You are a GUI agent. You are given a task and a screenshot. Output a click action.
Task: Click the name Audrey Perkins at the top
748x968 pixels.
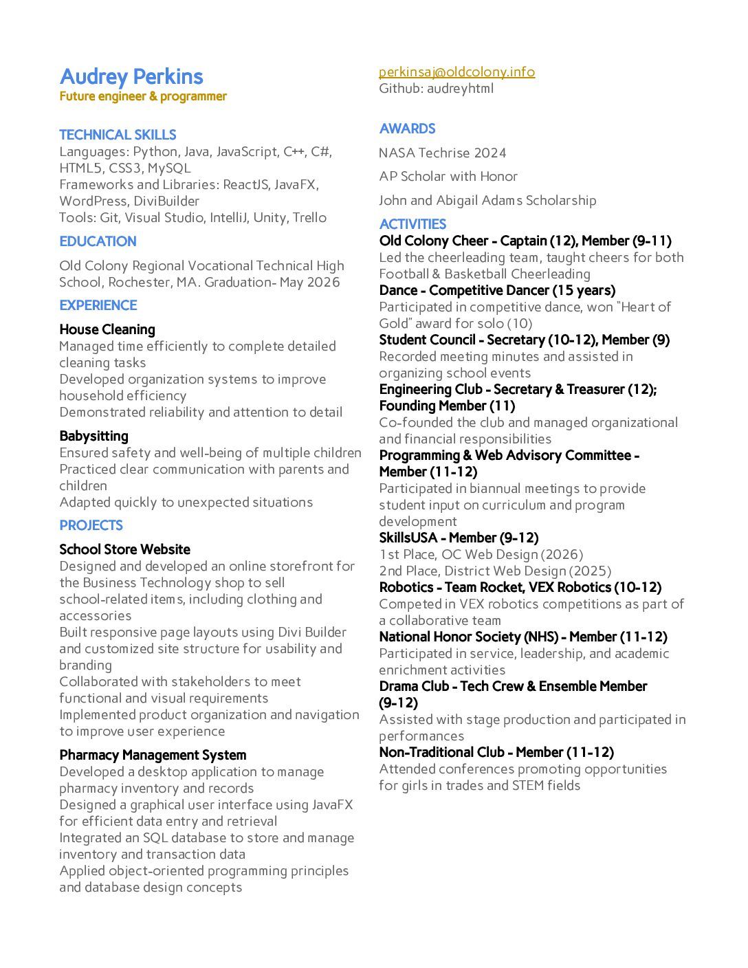(x=131, y=76)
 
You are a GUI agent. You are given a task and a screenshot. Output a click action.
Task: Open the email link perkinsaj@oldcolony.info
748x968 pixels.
(x=456, y=71)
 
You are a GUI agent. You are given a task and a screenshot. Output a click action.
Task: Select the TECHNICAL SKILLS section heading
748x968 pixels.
(x=118, y=135)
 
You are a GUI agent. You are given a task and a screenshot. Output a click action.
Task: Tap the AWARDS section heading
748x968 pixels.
(x=407, y=129)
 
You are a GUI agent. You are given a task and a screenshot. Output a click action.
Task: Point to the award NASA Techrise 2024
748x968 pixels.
(x=442, y=153)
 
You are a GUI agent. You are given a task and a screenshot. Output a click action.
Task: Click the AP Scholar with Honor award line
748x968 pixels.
(x=448, y=176)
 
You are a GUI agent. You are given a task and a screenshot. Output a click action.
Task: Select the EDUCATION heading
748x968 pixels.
(x=98, y=241)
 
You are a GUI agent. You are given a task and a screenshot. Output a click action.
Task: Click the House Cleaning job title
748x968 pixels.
(x=107, y=329)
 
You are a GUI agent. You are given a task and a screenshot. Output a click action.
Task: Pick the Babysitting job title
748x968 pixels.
(x=93, y=436)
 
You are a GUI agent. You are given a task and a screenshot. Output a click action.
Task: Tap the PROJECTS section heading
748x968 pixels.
(x=91, y=525)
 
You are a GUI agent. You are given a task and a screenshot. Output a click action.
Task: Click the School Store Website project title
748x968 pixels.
(x=124, y=549)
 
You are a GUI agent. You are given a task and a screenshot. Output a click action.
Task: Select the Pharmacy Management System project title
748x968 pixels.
(x=153, y=755)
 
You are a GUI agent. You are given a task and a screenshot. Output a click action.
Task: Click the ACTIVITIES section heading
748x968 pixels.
(x=412, y=224)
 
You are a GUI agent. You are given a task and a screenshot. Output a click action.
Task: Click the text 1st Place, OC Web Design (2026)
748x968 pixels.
(x=481, y=554)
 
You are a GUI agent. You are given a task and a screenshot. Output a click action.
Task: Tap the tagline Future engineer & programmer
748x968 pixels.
(x=143, y=96)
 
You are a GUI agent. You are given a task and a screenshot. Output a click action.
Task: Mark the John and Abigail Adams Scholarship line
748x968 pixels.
(x=487, y=200)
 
